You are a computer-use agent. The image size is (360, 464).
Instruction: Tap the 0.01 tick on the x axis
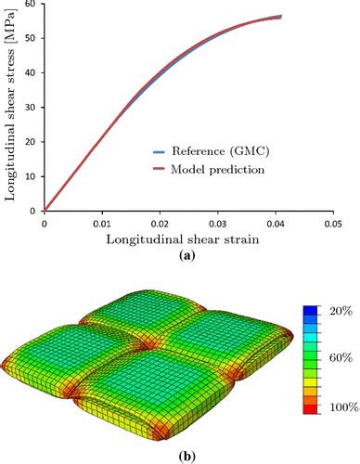tap(103, 223)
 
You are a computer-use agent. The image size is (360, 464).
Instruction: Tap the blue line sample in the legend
tap(163, 148)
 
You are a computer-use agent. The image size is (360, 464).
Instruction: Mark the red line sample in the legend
tap(163, 170)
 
